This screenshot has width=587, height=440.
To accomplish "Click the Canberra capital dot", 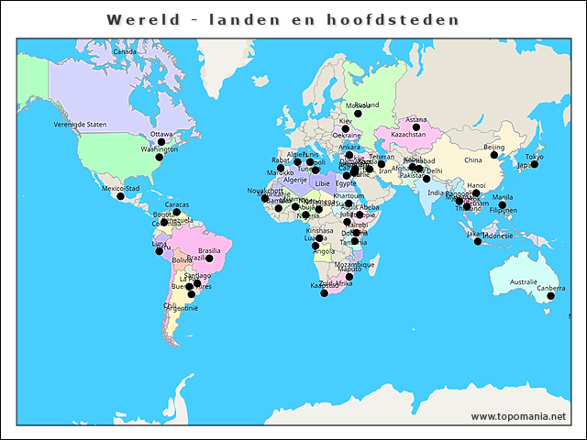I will (x=551, y=296).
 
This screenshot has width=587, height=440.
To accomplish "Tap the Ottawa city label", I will (x=161, y=134).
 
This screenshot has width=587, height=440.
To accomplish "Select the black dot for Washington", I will (x=159, y=158).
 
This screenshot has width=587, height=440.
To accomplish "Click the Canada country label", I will (x=124, y=51).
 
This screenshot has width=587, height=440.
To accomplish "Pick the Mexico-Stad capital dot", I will (x=120, y=196).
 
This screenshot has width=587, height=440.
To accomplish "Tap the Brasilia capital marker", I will (x=209, y=258).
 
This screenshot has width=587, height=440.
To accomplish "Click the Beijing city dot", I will (x=494, y=155).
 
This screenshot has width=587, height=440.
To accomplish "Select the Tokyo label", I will (x=534, y=157).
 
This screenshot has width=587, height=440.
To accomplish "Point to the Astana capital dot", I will (x=416, y=127).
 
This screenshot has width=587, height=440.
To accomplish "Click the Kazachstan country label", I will (x=409, y=135).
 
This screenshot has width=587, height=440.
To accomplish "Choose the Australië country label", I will (x=524, y=281).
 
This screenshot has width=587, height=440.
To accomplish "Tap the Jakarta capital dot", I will (x=478, y=241).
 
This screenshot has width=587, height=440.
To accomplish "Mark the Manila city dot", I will (x=503, y=204).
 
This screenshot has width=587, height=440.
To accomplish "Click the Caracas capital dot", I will (x=177, y=213).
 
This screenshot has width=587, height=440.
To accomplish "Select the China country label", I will (x=472, y=160).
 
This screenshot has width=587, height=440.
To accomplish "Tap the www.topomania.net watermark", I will (x=518, y=416).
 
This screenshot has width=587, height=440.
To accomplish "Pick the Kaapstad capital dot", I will (x=324, y=292).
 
